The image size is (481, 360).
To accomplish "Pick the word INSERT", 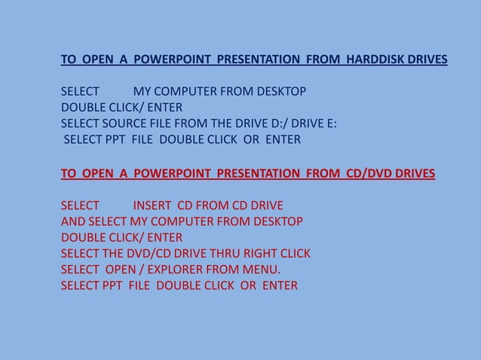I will click(x=153, y=205).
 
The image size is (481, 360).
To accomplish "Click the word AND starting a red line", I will click(x=73, y=221).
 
